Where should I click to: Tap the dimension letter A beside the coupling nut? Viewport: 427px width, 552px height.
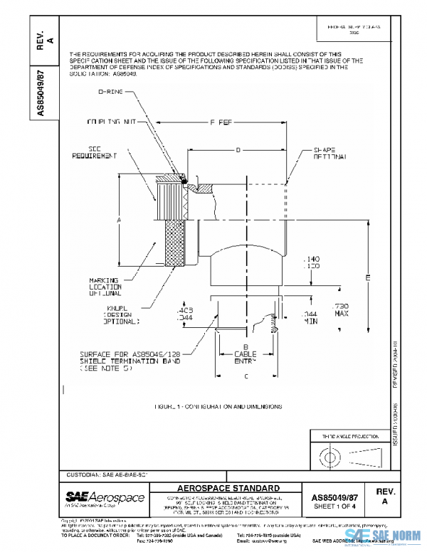click(118, 221)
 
